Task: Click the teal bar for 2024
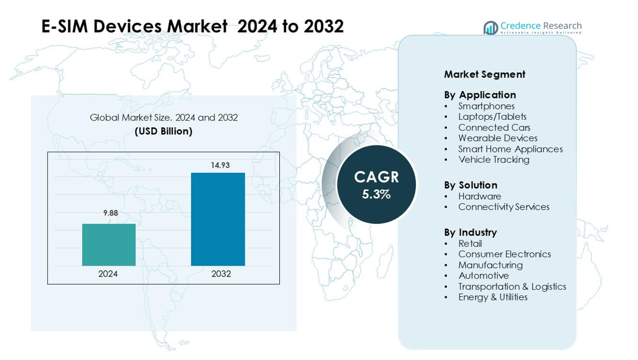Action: tap(109, 245)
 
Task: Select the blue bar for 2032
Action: tap(218, 219)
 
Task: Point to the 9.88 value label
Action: tap(111, 213)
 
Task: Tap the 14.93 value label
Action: tap(220, 165)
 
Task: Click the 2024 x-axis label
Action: tap(108, 274)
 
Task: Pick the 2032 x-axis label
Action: tap(221, 274)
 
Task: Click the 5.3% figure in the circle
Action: tap(376, 195)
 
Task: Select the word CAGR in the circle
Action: tap(376, 177)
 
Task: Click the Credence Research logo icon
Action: tap(491, 28)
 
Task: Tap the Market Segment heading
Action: tap(485, 74)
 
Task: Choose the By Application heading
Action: tap(480, 95)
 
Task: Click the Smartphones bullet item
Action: tap(486, 106)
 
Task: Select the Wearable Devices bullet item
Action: tap(498, 138)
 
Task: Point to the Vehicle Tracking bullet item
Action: tap(494, 160)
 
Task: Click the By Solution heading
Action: tap(471, 185)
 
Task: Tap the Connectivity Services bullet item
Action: tap(504, 207)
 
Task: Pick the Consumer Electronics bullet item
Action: tap(504, 254)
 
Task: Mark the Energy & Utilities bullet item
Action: tap(492, 297)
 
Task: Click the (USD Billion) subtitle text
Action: tap(163, 131)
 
